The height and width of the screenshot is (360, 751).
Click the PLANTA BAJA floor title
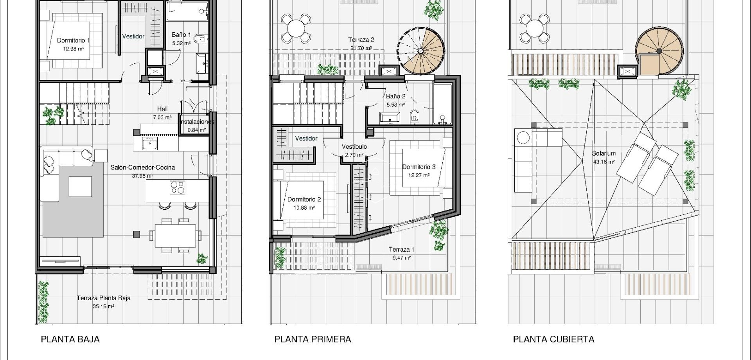[x=70, y=339]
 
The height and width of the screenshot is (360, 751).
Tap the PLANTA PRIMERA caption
[x=313, y=339]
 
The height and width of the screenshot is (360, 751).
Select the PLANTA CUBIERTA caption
[x=553, y=339]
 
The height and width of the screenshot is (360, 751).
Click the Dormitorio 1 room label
[x=74, y=40]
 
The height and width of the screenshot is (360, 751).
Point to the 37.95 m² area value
[x=142, y=176]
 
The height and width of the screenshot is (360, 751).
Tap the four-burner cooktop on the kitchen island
[x=178, y=187]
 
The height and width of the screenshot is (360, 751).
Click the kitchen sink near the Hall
[x=149, y=144]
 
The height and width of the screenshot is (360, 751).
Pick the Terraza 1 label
[x=401, y=249]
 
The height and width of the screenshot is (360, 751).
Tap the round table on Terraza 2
[x=296, y=28]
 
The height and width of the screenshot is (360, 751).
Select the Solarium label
[x=604, y=153]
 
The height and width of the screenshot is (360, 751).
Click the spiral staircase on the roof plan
[x=659, y=51]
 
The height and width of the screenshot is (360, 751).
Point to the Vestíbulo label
[x=354, y=146]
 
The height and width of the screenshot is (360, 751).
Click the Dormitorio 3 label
[x=419, y=167]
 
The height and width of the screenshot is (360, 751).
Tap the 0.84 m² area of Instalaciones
[x=197, y=130]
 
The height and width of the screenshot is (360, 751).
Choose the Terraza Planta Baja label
[x=104, y=298]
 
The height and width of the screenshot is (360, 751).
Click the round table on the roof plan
[x=534, y=28]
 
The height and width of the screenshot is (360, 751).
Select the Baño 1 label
[x=181, y=34]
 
